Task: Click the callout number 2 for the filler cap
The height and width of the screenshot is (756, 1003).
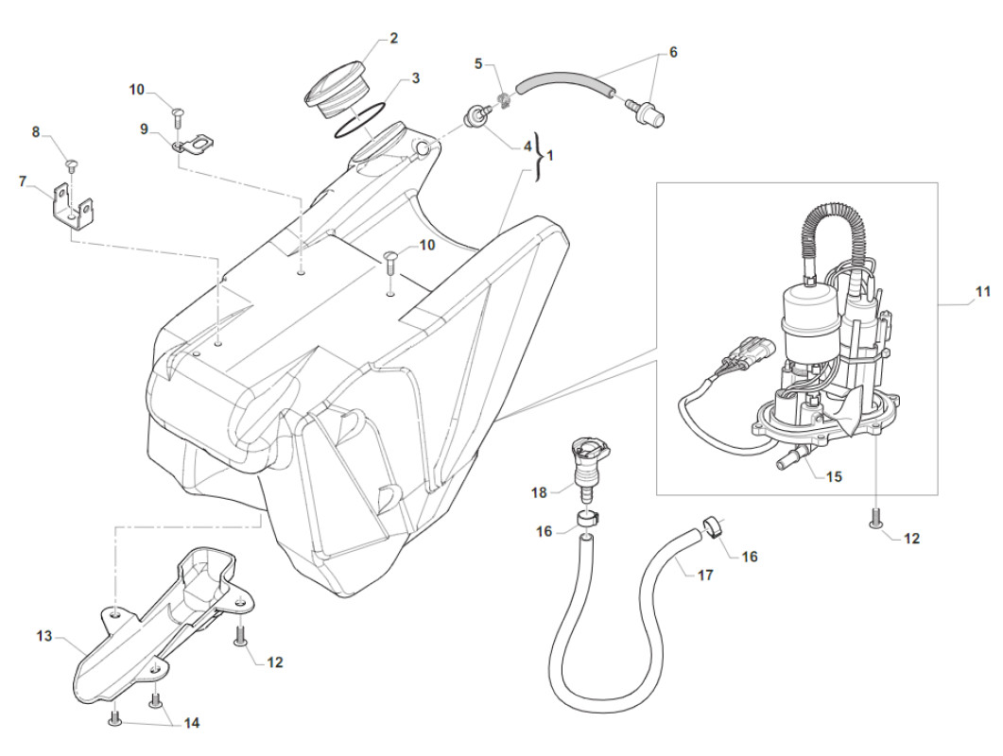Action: tap(394, 39)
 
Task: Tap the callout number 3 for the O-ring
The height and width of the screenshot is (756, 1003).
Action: tap(415, 77)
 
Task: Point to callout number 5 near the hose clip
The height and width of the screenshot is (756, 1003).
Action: tap(478, 63)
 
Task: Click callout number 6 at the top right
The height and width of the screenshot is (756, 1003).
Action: tap(673, 53)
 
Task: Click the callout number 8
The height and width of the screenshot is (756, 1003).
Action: tap(37, 132)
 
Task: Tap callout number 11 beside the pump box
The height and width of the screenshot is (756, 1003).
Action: tap(983, 292)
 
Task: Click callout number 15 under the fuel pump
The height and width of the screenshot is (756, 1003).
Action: tap(834, 477)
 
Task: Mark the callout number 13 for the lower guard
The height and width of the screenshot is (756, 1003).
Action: tap(43, 637)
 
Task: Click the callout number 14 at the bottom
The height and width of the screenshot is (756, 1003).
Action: tap(192, 723)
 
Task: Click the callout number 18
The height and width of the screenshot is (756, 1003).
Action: tap(539, 492)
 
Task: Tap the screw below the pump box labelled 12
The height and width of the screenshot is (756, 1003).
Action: tap(874, 517)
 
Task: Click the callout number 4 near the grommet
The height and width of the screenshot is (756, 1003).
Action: tap(527, 146)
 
